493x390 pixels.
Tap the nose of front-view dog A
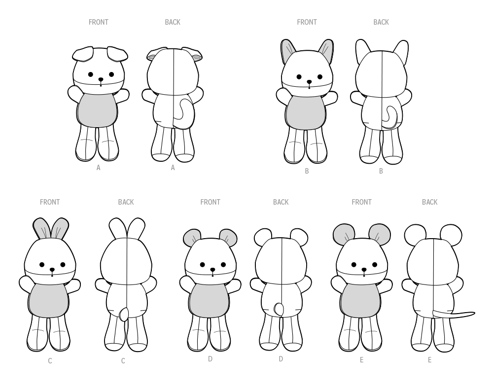click(101, 79)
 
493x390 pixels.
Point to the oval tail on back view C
click(123, 314)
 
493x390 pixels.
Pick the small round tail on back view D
click(279, 310)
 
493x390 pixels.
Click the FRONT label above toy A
click(99, 22)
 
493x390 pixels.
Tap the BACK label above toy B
click(381, 22)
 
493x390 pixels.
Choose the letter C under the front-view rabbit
click(50, 361)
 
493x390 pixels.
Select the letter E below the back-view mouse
click(429, 360)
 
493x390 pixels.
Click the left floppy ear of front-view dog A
click(83, 53)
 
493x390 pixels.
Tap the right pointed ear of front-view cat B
click(326, 51)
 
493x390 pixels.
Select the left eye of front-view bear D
click(202, 265)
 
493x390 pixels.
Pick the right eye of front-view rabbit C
click(63, 265)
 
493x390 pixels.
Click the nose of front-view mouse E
click(364, 269)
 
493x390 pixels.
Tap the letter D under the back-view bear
click(281, 359)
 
